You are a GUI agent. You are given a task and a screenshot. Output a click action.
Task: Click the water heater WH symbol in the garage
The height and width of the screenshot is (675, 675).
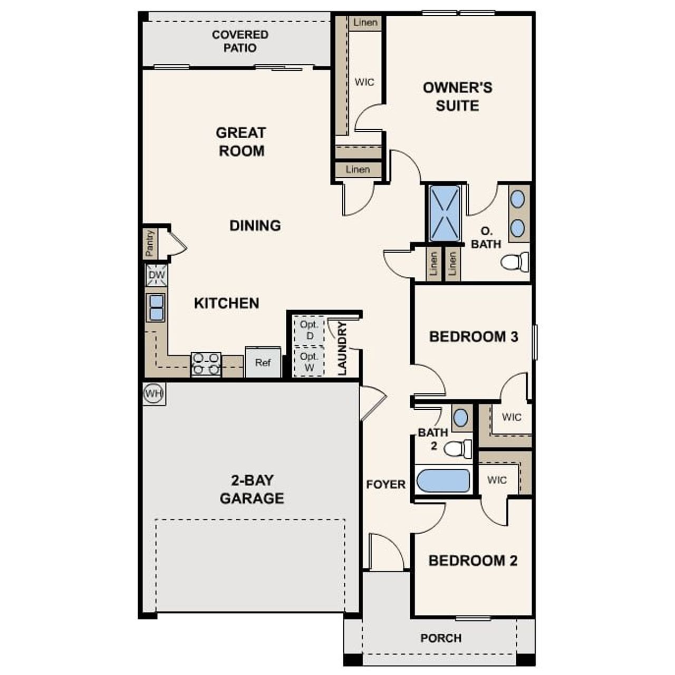(154, 393)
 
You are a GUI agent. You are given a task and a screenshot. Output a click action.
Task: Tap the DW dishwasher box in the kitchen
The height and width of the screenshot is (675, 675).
(157, 275)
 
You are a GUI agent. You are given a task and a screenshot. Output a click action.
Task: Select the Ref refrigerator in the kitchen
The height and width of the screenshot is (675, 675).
(263, 362)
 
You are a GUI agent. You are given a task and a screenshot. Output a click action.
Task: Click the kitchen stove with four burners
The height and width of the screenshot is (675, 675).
(206, 364)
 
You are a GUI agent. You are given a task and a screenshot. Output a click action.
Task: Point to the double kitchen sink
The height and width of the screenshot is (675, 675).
(157, 307)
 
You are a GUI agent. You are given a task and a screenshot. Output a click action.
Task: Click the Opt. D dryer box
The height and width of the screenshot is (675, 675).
(309, 330)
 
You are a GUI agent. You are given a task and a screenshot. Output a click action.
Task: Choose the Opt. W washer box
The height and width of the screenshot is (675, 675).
(309, 362)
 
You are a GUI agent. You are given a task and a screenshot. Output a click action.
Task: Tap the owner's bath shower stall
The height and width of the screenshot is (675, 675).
(445, 213)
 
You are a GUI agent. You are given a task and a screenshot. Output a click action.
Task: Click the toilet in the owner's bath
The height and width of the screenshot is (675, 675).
(515, 262)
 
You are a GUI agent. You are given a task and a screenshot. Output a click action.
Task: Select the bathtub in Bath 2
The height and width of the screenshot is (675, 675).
(443, 480)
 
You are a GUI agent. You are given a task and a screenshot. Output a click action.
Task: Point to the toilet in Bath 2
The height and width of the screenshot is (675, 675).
(458, 449)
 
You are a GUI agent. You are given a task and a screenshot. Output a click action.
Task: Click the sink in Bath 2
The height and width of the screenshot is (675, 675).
(460, 418)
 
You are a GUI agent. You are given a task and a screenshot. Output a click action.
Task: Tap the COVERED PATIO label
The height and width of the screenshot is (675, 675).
(240, 41)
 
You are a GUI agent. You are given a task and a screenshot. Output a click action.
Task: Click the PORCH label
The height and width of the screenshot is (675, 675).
(441, 638)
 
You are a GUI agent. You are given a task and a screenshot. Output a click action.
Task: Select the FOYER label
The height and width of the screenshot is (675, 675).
(386, 484)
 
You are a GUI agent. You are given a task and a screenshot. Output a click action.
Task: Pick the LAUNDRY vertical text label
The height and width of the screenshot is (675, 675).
(342, 349)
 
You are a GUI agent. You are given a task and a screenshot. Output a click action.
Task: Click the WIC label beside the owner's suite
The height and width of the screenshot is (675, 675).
(364, 82)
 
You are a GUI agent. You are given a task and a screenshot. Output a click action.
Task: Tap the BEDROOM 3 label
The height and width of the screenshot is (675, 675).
(474, 336)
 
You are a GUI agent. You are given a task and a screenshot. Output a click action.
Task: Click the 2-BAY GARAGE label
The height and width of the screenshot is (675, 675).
(252, 489)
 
